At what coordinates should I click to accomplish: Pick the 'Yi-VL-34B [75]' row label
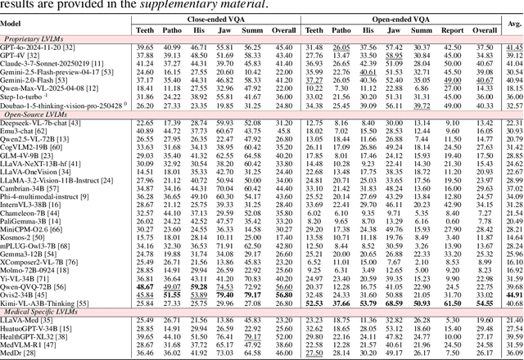27,276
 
